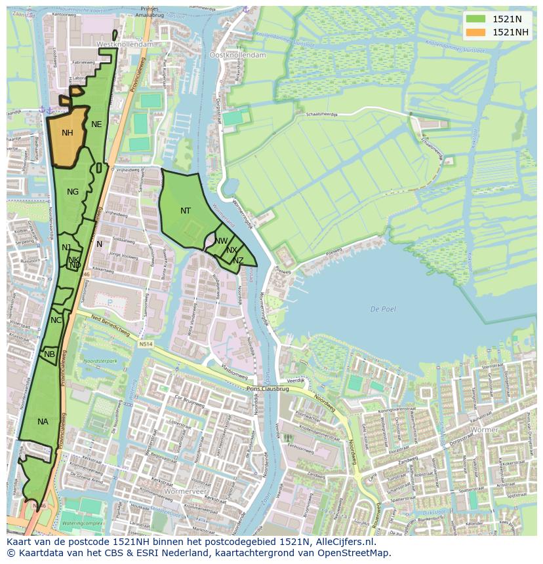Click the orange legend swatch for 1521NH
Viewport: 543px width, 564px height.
477,32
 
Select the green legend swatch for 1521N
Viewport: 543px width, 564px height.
477,19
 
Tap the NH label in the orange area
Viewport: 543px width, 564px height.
68,133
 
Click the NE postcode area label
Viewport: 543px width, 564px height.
96,124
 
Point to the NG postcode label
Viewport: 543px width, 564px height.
73,192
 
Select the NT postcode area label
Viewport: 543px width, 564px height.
186,211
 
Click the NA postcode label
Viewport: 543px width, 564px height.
43,422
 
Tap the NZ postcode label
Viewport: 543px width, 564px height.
238,261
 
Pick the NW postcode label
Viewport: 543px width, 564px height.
222,241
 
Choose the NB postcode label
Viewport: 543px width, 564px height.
50,354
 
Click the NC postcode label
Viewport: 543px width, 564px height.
56,320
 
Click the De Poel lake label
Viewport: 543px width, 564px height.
383,309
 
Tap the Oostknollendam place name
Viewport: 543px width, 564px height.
237,56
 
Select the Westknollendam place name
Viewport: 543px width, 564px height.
125,44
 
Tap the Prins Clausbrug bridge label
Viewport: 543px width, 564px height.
268,388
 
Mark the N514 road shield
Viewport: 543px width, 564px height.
145,344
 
